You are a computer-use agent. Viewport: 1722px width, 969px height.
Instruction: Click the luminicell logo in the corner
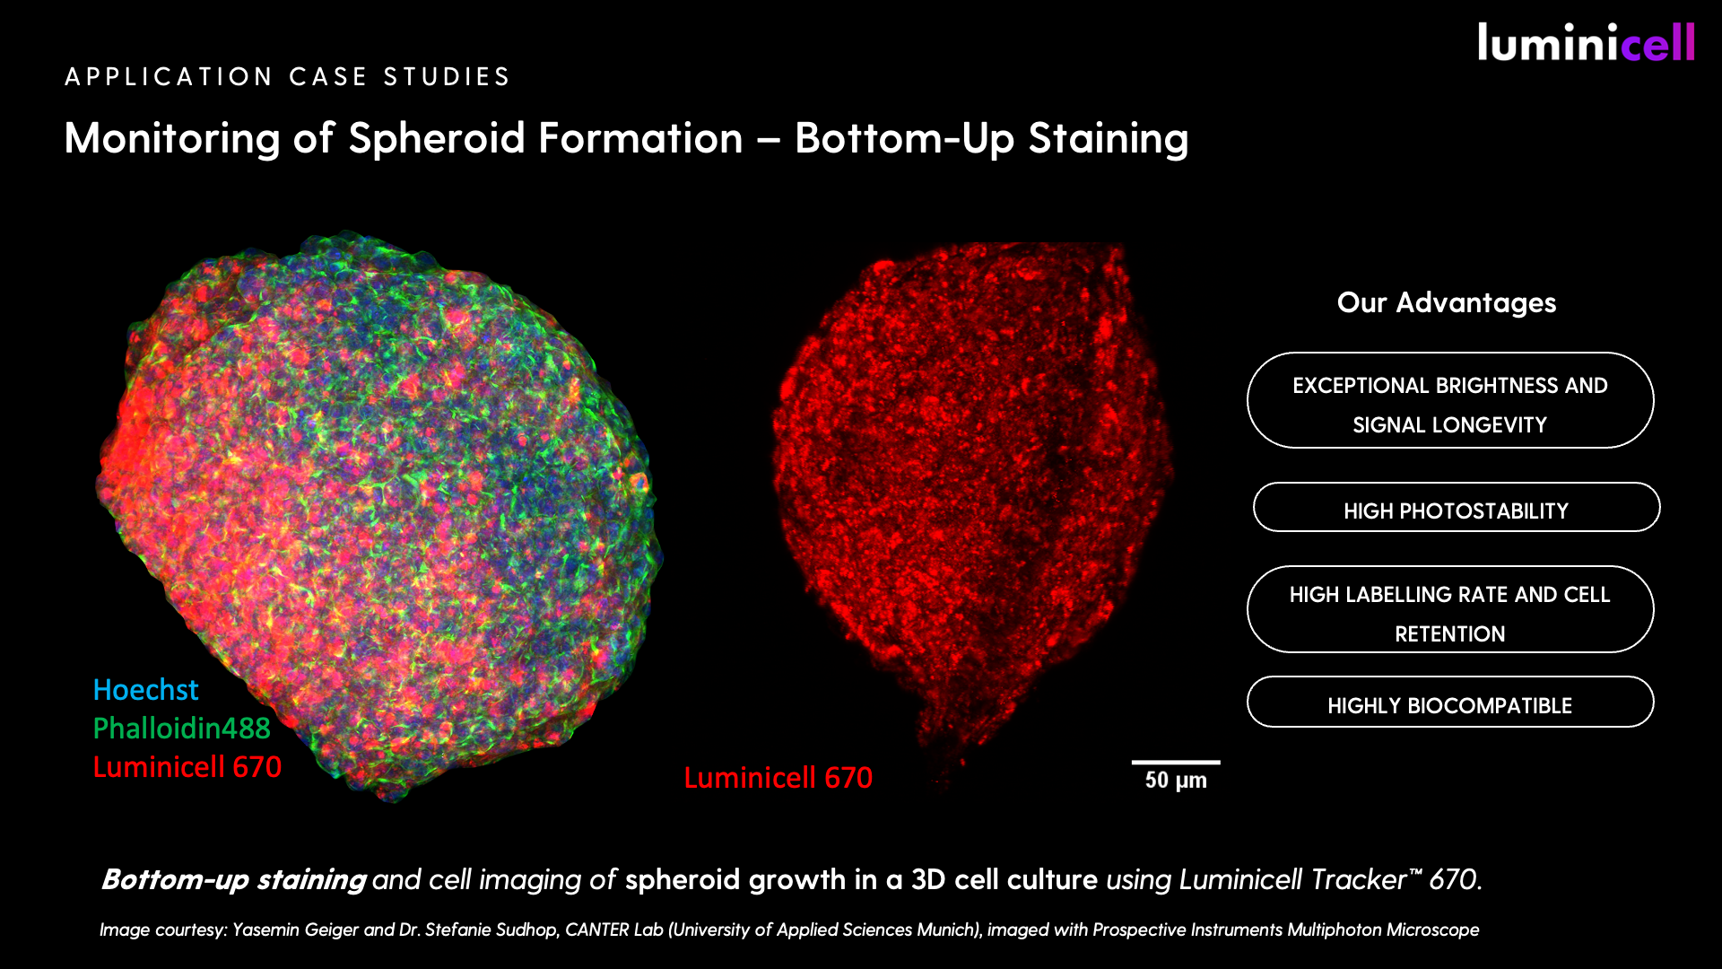(1586, 42)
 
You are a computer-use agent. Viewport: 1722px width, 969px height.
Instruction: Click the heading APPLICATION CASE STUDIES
(288, 77)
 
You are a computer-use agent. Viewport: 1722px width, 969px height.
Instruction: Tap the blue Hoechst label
(145, 689)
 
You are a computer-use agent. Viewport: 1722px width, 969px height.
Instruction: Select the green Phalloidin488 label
(181, 728)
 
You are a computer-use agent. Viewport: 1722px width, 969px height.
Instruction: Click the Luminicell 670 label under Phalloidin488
(187, 766)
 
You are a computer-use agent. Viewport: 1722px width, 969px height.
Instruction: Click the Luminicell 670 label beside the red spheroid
(778, 777)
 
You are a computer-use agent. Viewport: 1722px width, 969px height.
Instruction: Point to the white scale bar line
(1176, 763)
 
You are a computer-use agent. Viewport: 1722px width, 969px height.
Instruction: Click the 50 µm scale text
(1176, 781)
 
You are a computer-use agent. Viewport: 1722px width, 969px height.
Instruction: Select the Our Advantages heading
(1447, 302)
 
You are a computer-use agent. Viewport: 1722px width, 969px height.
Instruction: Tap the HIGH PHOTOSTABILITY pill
(1457, 508)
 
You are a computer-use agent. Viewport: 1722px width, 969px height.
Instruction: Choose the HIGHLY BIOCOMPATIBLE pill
(1450, 702)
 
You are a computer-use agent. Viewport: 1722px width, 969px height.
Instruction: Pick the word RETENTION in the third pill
(1450, 634)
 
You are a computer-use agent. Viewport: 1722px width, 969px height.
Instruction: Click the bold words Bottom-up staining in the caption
(233, 879)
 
